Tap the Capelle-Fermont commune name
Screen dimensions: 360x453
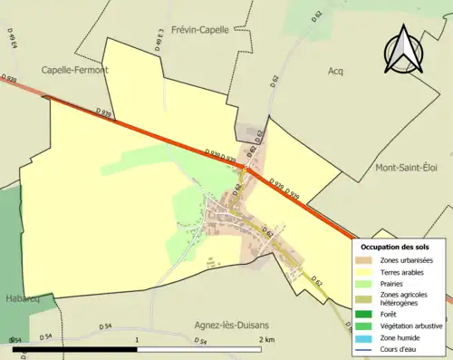click(x=74, y=69)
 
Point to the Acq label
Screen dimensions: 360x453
click(x=335, y=70)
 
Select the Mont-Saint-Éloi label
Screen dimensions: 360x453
click(x=406, y=169)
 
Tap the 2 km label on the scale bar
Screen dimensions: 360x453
click(x=265, y=339)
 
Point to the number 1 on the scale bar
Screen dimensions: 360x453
click(x=137, y=339)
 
